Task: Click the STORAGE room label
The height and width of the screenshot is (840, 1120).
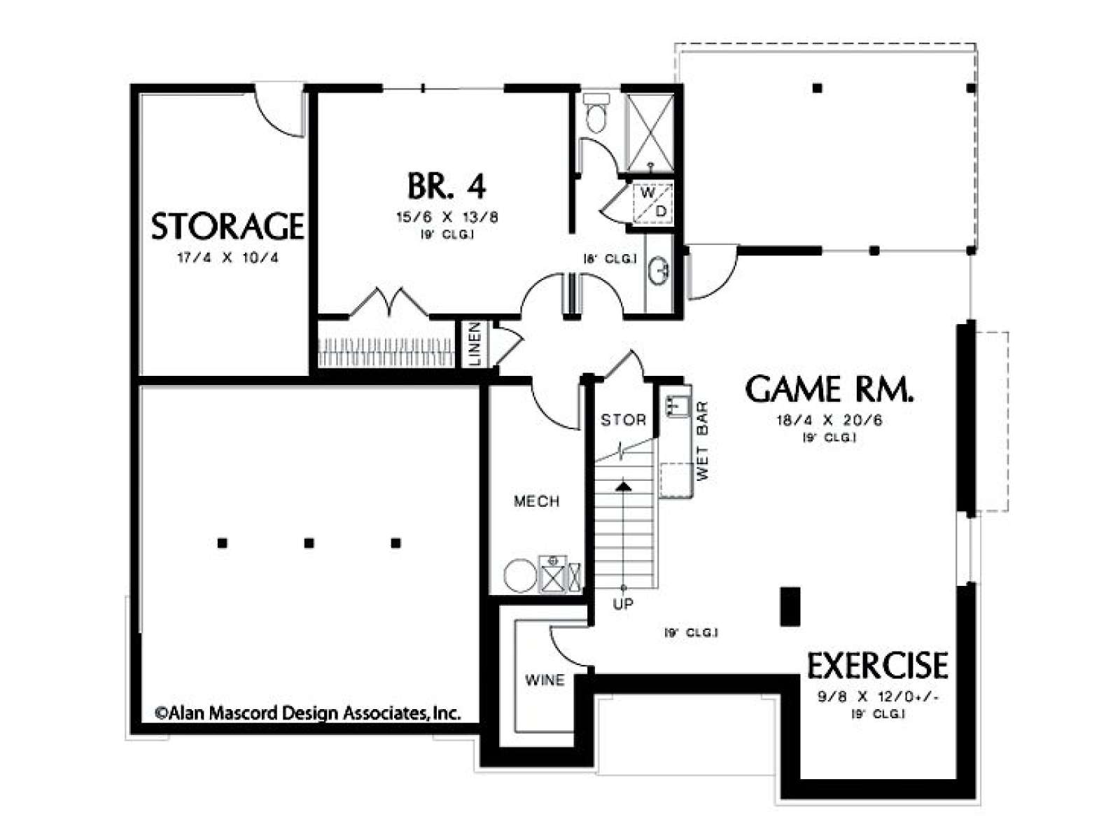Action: (x=227, y=227)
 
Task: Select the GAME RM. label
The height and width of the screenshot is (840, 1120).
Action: (x=829, y=390)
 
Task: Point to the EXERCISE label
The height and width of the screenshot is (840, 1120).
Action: (x=877, y=665)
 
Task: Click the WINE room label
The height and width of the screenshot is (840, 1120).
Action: (x=545, y=680)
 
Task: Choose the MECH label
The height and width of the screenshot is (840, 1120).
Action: (x=537, y=501)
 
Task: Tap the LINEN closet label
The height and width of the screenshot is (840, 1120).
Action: (x=475, y=343)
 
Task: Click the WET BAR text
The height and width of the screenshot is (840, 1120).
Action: (x=703, y=441)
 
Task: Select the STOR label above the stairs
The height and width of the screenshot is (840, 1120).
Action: (x=623, y=420)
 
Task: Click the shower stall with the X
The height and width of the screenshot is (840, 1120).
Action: (x=650, y=132)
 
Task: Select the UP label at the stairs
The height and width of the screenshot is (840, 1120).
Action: (x=623, y=604)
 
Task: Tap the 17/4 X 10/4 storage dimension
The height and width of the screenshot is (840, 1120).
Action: (x=227, y=258)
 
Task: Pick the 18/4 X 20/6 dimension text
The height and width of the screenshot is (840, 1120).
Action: (x=829, y=420)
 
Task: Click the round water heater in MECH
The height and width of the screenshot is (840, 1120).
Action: (x=520, y=576)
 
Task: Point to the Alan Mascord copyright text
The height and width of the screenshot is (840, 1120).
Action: (x=308, y=713)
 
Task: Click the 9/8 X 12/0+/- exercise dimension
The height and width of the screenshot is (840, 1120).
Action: (x=878, y=696)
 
